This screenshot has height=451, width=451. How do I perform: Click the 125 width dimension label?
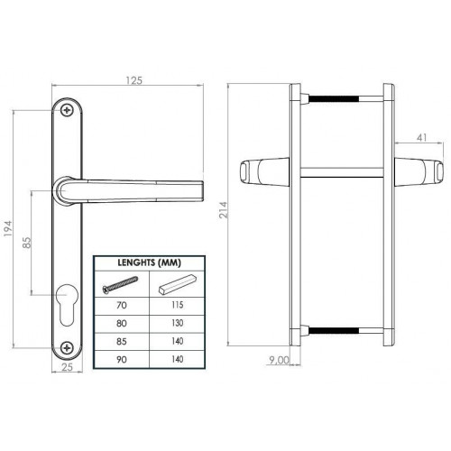133,80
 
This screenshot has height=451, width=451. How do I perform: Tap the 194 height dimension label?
8,228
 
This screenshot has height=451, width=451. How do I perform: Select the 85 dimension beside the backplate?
27,243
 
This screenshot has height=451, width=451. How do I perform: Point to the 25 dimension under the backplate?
67,367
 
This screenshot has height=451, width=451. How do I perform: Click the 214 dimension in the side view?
224,210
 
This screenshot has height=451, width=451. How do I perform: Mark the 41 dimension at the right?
422,137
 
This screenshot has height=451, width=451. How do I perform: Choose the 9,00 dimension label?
279,360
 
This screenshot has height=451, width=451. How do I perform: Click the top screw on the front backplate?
67,110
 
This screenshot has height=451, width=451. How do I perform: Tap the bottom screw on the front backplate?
67,348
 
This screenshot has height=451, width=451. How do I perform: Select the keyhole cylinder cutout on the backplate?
67,304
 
